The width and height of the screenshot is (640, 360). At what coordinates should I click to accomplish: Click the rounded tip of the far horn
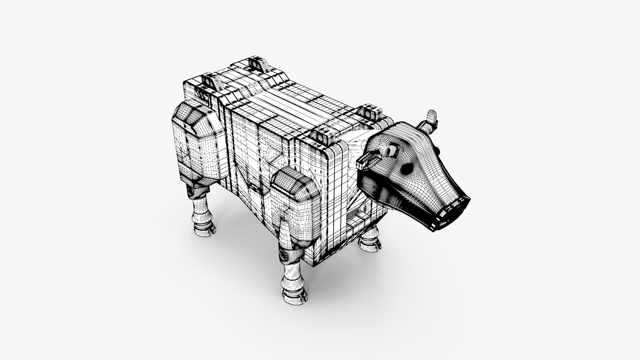pyautogui.click(x=432, y=115)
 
